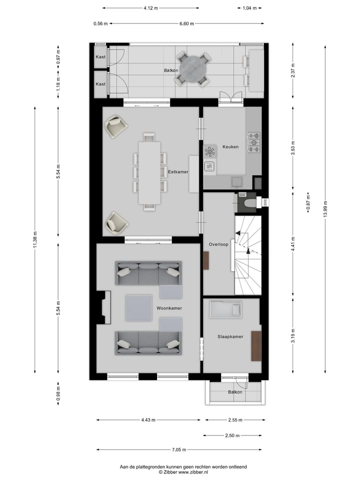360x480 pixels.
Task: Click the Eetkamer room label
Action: (178, 171)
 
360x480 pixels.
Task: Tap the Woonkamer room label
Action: (169, 308)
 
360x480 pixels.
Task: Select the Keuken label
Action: (230, 147)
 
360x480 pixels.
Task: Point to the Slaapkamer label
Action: (230, 336)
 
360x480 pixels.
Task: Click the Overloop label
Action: (218, 244)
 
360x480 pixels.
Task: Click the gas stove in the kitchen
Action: (253, 142)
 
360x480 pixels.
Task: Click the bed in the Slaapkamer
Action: (225, 310)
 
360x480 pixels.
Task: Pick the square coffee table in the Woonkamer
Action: (138, 308)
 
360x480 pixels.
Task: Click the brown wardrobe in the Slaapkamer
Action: (256, 346)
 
